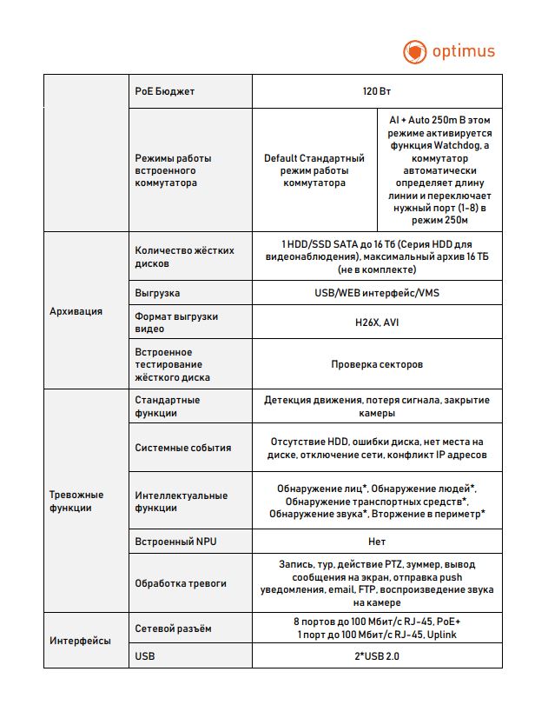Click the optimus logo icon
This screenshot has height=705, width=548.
(x=415, y=51)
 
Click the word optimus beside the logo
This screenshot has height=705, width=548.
(x=461, y=50)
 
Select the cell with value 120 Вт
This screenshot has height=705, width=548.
(x=377, y=91)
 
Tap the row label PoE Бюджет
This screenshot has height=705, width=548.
(x=166, y=91)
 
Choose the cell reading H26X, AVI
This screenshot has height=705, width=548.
(x=377, y=322)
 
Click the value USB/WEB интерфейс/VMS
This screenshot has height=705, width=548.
(x=377, y=293)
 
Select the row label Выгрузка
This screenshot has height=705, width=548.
(x=158, y=293)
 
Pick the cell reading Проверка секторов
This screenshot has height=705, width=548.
(x=377, y=365)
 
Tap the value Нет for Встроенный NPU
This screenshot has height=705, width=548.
(x=377, y=541)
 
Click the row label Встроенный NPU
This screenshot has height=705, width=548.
(x=175, y=541)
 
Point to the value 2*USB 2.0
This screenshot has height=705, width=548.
(x=377, y=656)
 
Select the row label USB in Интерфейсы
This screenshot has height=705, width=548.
(x=145, y=656)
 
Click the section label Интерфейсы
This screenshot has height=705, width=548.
(x=80, y=641)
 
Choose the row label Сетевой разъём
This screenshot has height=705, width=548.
(x=174, y=628)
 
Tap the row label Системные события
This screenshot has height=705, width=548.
(x=183, y=448)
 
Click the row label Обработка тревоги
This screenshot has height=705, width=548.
(x=181, y=583)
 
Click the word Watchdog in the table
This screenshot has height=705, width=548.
(x=466, y=146)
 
